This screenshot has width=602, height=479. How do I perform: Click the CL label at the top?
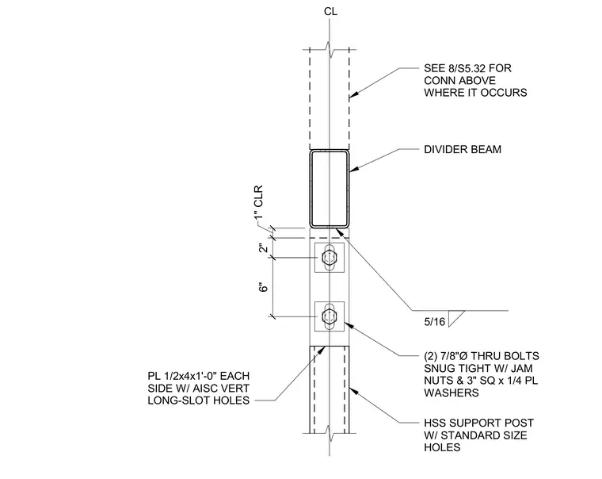point(330,12)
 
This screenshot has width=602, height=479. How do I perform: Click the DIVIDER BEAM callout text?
point(463,150)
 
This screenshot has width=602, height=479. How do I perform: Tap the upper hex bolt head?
point(329,257)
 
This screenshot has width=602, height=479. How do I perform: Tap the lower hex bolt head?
point(329,316)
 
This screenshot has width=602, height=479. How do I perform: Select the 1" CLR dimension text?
point(259,202)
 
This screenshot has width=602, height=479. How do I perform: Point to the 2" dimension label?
point(263,247)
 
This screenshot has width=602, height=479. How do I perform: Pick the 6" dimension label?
point(263,287)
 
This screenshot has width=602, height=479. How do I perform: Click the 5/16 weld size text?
point(435,322)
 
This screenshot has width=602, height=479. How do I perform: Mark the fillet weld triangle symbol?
point(456,318)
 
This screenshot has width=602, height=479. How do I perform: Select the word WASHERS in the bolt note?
point(451,393)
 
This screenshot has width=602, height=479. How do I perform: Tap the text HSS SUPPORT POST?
point(478,423)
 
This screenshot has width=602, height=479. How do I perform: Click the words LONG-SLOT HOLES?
point(199,400)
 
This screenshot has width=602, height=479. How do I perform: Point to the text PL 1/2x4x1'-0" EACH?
point(199,376)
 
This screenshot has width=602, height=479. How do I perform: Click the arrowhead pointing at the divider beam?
point(353,169)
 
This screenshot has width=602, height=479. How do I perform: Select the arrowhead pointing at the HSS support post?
point(353,390)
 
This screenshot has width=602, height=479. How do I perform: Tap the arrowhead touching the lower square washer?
point(349,326)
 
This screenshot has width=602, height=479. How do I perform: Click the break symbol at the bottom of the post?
point(330,433)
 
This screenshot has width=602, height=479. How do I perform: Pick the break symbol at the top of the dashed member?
point(330,49)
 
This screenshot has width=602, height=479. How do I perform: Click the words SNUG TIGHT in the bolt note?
point(450,368)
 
